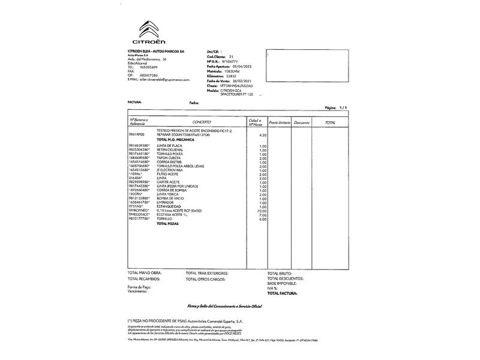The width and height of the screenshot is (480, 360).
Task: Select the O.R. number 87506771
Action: click(230, 61)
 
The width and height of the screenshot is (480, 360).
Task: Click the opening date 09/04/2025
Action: click(236, 66)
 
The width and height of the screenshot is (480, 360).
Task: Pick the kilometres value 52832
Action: click(231, 76)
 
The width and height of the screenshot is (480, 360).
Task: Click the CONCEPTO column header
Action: click(202, 122)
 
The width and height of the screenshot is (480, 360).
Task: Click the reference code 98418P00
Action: click(136, 135)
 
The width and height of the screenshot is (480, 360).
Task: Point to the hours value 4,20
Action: click(262, 135)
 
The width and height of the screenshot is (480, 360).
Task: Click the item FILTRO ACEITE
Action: click(169, 174)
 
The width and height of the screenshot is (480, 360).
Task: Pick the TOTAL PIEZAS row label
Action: click(169, 223)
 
